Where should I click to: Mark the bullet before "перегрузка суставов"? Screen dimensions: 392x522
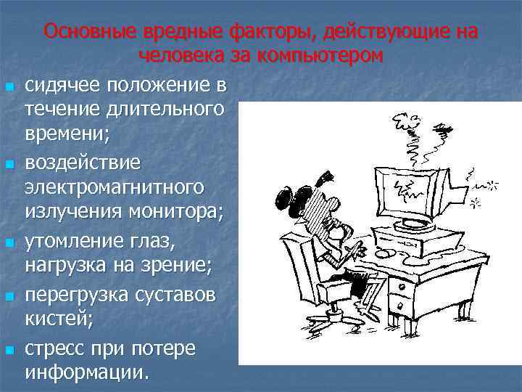tap(9, 295)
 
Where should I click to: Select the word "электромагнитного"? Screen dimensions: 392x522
tap(114, 187)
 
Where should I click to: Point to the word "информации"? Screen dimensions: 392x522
tap(86, 373)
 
